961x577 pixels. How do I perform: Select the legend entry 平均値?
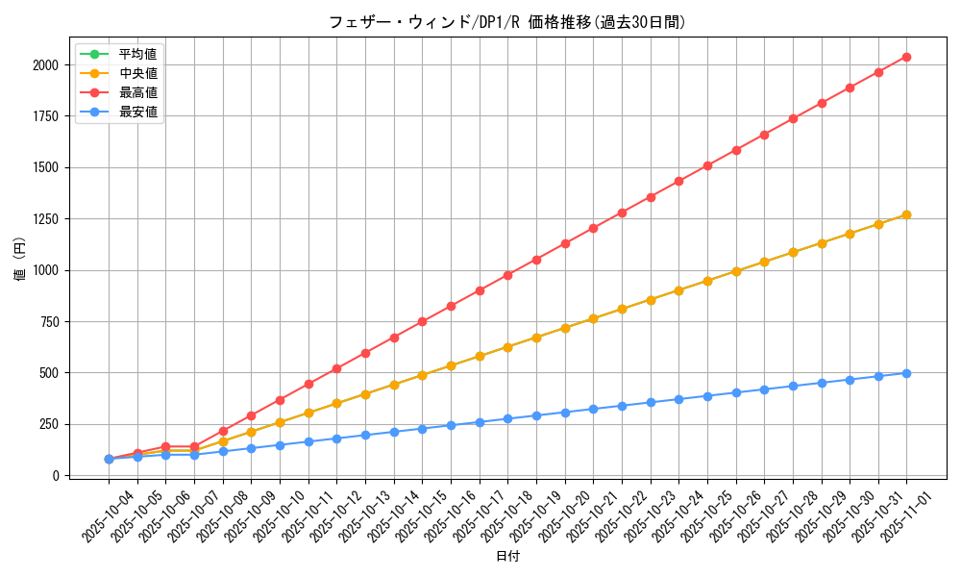(138, 53)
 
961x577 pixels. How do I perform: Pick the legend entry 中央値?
(138, 72)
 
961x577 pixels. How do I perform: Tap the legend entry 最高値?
(138, 92)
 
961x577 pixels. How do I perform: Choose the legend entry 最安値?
(138, 112)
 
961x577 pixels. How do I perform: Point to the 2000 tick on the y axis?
(45, 65)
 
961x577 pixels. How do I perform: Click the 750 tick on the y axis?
(49, 321)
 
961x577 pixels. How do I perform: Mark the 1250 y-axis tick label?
(45, 219)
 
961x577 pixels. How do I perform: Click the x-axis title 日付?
(507, 557)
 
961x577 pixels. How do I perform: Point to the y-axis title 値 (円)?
(20, 260)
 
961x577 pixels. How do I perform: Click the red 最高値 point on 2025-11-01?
(906, 58)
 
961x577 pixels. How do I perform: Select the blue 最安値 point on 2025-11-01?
(906, 373)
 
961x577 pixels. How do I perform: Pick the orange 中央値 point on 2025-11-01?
(906, 214)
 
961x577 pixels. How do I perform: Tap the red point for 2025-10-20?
(565, 243)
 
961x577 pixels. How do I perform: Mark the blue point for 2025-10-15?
(422, 429)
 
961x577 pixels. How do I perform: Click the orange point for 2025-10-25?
(707, 281)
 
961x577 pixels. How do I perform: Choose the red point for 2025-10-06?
(165, 446)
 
